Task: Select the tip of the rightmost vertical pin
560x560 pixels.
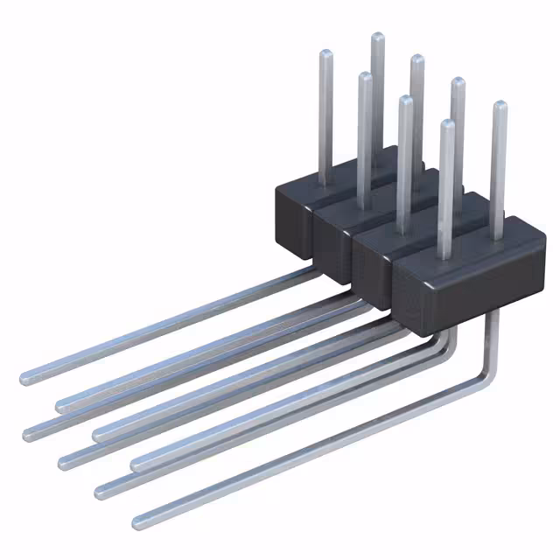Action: [500, 106]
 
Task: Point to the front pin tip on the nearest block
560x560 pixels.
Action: [447, 125]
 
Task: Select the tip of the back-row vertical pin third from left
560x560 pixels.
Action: [417, 59]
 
